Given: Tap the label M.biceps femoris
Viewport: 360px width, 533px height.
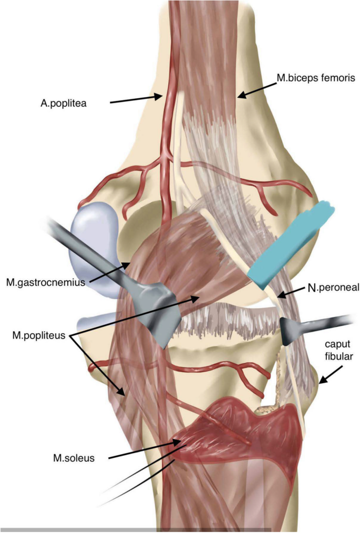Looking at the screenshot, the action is point(316,78).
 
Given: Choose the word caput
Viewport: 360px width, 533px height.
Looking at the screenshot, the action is point(338,344).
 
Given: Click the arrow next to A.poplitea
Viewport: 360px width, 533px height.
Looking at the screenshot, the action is point(137,100).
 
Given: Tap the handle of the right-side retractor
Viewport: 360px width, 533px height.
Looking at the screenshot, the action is point(328,321).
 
